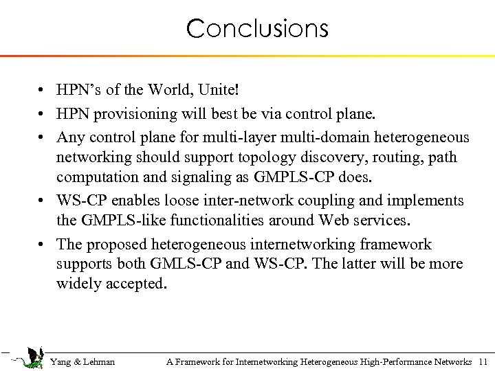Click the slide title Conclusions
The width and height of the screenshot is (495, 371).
(257, 29)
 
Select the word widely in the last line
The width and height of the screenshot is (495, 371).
(79, 284)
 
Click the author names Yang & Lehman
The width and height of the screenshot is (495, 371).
(82, 361)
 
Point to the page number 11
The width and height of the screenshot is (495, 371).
(482, 361)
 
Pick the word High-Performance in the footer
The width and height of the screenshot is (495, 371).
(395, 361)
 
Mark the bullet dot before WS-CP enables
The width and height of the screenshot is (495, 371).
(43, 201)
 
